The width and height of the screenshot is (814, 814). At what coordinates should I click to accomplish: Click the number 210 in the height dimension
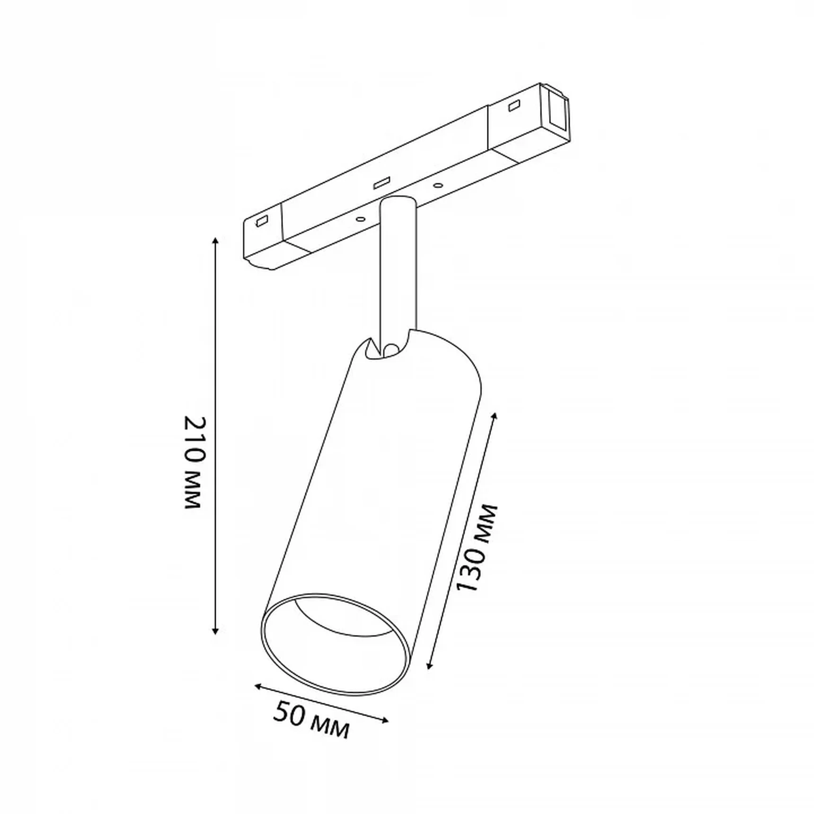click(x=195, y=441)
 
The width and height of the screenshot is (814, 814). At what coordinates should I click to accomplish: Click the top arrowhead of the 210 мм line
click(x=216, y=241)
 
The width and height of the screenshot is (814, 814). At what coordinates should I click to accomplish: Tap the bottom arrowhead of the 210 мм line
click(x=216, y=630)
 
